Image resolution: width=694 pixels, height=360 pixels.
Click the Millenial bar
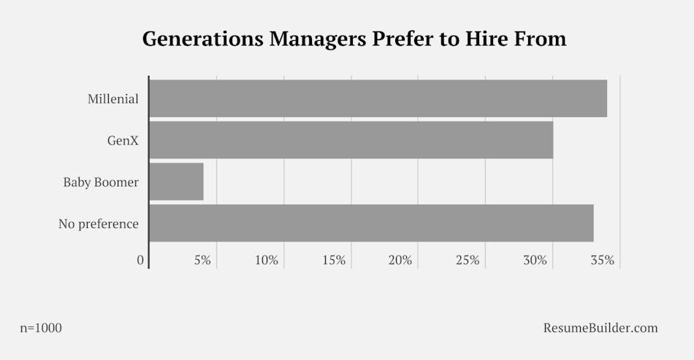[x=378, y=99]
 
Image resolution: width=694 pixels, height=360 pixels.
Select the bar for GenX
[x=351, y=140]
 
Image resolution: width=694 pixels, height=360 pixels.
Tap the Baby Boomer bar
[x=176, y=182]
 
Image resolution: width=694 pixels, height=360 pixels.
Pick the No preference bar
[x=371, y=223]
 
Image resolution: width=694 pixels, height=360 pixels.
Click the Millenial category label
[x=113, y=99]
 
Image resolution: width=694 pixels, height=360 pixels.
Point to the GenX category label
[x=123, y=140]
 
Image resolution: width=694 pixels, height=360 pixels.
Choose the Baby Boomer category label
[x=101, y=182]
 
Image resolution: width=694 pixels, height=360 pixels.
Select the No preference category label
[x=99, y=223]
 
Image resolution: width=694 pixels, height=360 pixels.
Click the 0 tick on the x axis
[x=141, y=261]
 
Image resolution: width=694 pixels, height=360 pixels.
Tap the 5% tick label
[x=202, y=261]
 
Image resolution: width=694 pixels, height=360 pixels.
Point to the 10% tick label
[x=266, y=261]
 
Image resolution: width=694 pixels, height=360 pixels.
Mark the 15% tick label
[x=333, y=261]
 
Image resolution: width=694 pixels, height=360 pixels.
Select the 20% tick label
[x=400, y=261]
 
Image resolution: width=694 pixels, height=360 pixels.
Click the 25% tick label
[x=468, y=261]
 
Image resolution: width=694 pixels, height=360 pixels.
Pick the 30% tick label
[x=535, y=261]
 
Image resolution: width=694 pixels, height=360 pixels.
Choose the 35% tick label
[x=603, y=261]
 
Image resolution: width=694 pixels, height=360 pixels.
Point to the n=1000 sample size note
[x=41, y=328]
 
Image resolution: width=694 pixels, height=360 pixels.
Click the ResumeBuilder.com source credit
[x=600, y=328]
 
